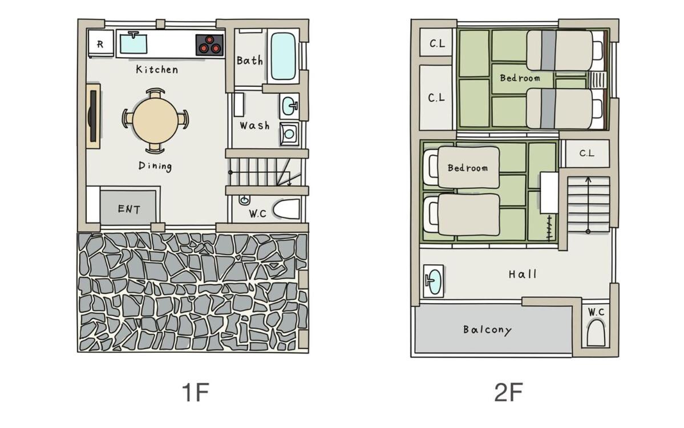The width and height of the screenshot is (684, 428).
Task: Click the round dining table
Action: click(x=155, y=120)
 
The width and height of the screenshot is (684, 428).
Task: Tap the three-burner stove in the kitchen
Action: click(x=209, y=45)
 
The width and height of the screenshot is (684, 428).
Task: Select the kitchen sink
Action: click(x=133, y=43)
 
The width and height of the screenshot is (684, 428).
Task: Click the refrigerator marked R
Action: click(x=101, y=43)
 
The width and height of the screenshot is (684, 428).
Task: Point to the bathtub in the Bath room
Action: click(x=284, y=56)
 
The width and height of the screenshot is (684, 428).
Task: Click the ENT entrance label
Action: click(x=129, y=209)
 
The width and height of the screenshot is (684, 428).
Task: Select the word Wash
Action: click(x=254, y=126)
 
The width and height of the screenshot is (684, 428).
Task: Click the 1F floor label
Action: click(x=195, y=392)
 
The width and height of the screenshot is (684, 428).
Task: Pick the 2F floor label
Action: click(x=508, y=392)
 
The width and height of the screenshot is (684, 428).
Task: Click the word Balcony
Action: click(x=487, y=329)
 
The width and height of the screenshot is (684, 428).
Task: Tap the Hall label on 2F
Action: click(x=523, y=274)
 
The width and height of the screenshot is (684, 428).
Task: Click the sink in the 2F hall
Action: click(x=433, y=281)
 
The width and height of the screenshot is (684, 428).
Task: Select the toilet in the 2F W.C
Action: click(x=596, y=332)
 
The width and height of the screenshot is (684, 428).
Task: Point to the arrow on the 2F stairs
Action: click(x=588, y=204)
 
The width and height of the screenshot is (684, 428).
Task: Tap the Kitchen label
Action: click(x=157, y=69)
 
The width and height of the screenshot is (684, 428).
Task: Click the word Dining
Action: click(x=155, y=166)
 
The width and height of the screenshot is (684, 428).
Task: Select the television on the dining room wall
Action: click(x=92, y=116)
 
